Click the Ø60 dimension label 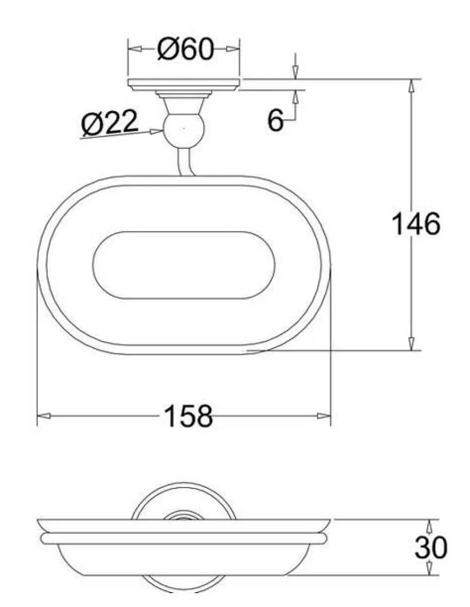click(x=185, y=49)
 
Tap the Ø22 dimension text click(x=109, y=122)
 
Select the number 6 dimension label click(x=275, y=120)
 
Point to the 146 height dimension click(x=416, y=224)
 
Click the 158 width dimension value click(x=189, y=416)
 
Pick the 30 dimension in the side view click(x=431, y=547)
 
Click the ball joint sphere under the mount click(x=183, y=130)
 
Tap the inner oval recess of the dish click(x=184, y=265)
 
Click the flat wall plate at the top click(x=184, y=85)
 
